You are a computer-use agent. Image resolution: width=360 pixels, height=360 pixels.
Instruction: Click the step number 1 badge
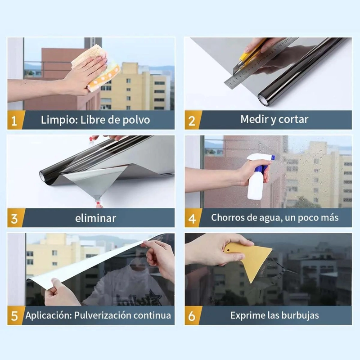(x=15, y=120)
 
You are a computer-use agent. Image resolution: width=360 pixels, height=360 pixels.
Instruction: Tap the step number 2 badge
(x=193, y=120)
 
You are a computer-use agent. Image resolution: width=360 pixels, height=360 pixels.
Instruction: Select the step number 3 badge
(x=15, y=218)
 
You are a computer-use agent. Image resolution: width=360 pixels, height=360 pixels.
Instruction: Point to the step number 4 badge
(x=193, y=218)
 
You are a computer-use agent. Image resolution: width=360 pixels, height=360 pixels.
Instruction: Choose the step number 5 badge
(x=15, y=315)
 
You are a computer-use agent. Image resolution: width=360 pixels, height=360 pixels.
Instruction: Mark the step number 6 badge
(x=193, y=315)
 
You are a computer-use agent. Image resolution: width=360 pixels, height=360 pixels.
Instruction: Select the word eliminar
(x=95, y=218)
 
